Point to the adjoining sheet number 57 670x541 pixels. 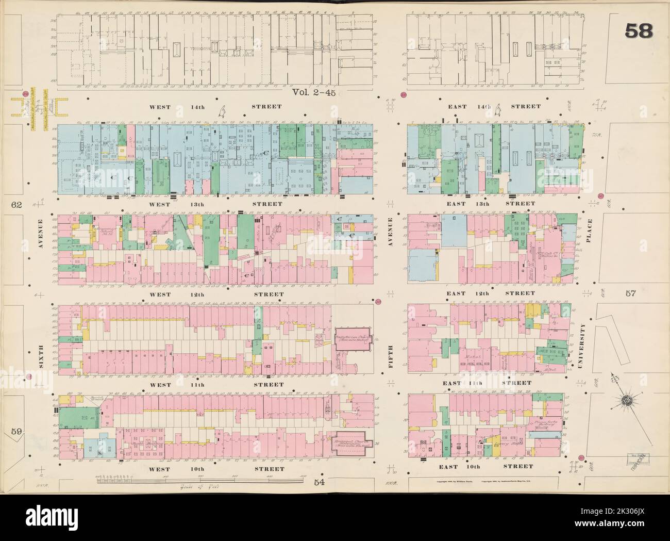pos(632,294)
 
